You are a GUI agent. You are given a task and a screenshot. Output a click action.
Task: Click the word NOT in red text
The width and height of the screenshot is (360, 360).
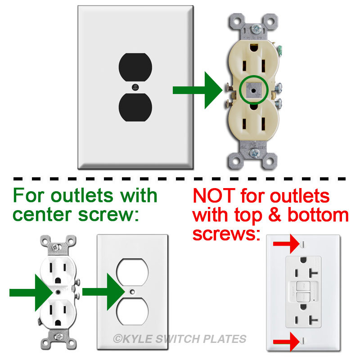pyautogui.click(x=213, y=196)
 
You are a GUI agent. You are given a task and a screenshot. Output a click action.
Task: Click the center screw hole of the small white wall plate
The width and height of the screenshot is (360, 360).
pyautogui.click(x=131, y=292)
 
